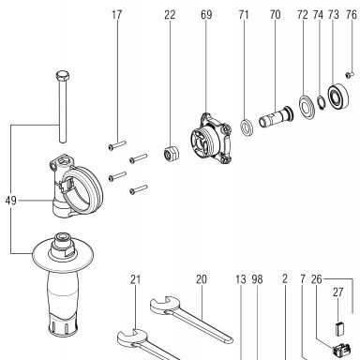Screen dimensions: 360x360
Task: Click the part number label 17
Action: [116, 15]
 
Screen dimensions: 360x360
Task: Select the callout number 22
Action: [170, 15]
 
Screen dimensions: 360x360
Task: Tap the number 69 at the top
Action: [206, 15]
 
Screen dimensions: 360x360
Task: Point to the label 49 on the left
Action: [10, 201]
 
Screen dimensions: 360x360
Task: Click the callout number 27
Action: [338, 292]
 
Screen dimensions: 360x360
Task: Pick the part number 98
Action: [257, 279]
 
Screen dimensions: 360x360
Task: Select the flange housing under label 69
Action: [211, 139]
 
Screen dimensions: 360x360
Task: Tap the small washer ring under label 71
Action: [247, 127]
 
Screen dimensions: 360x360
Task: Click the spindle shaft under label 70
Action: [277, 116]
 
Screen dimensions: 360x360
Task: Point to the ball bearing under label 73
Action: [338, 97]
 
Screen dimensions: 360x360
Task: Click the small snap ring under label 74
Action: [320, 103]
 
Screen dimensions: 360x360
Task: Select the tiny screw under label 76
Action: [350, 74]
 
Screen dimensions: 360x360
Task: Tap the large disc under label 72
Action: [307, 107]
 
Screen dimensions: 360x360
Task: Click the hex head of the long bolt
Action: [63, 76]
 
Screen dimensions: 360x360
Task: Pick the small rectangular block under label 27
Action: [339, 328]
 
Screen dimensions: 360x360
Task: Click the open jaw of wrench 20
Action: [161, 305]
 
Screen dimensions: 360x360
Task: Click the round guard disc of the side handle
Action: [63, 254]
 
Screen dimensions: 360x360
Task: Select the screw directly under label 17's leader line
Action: [117, 145]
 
